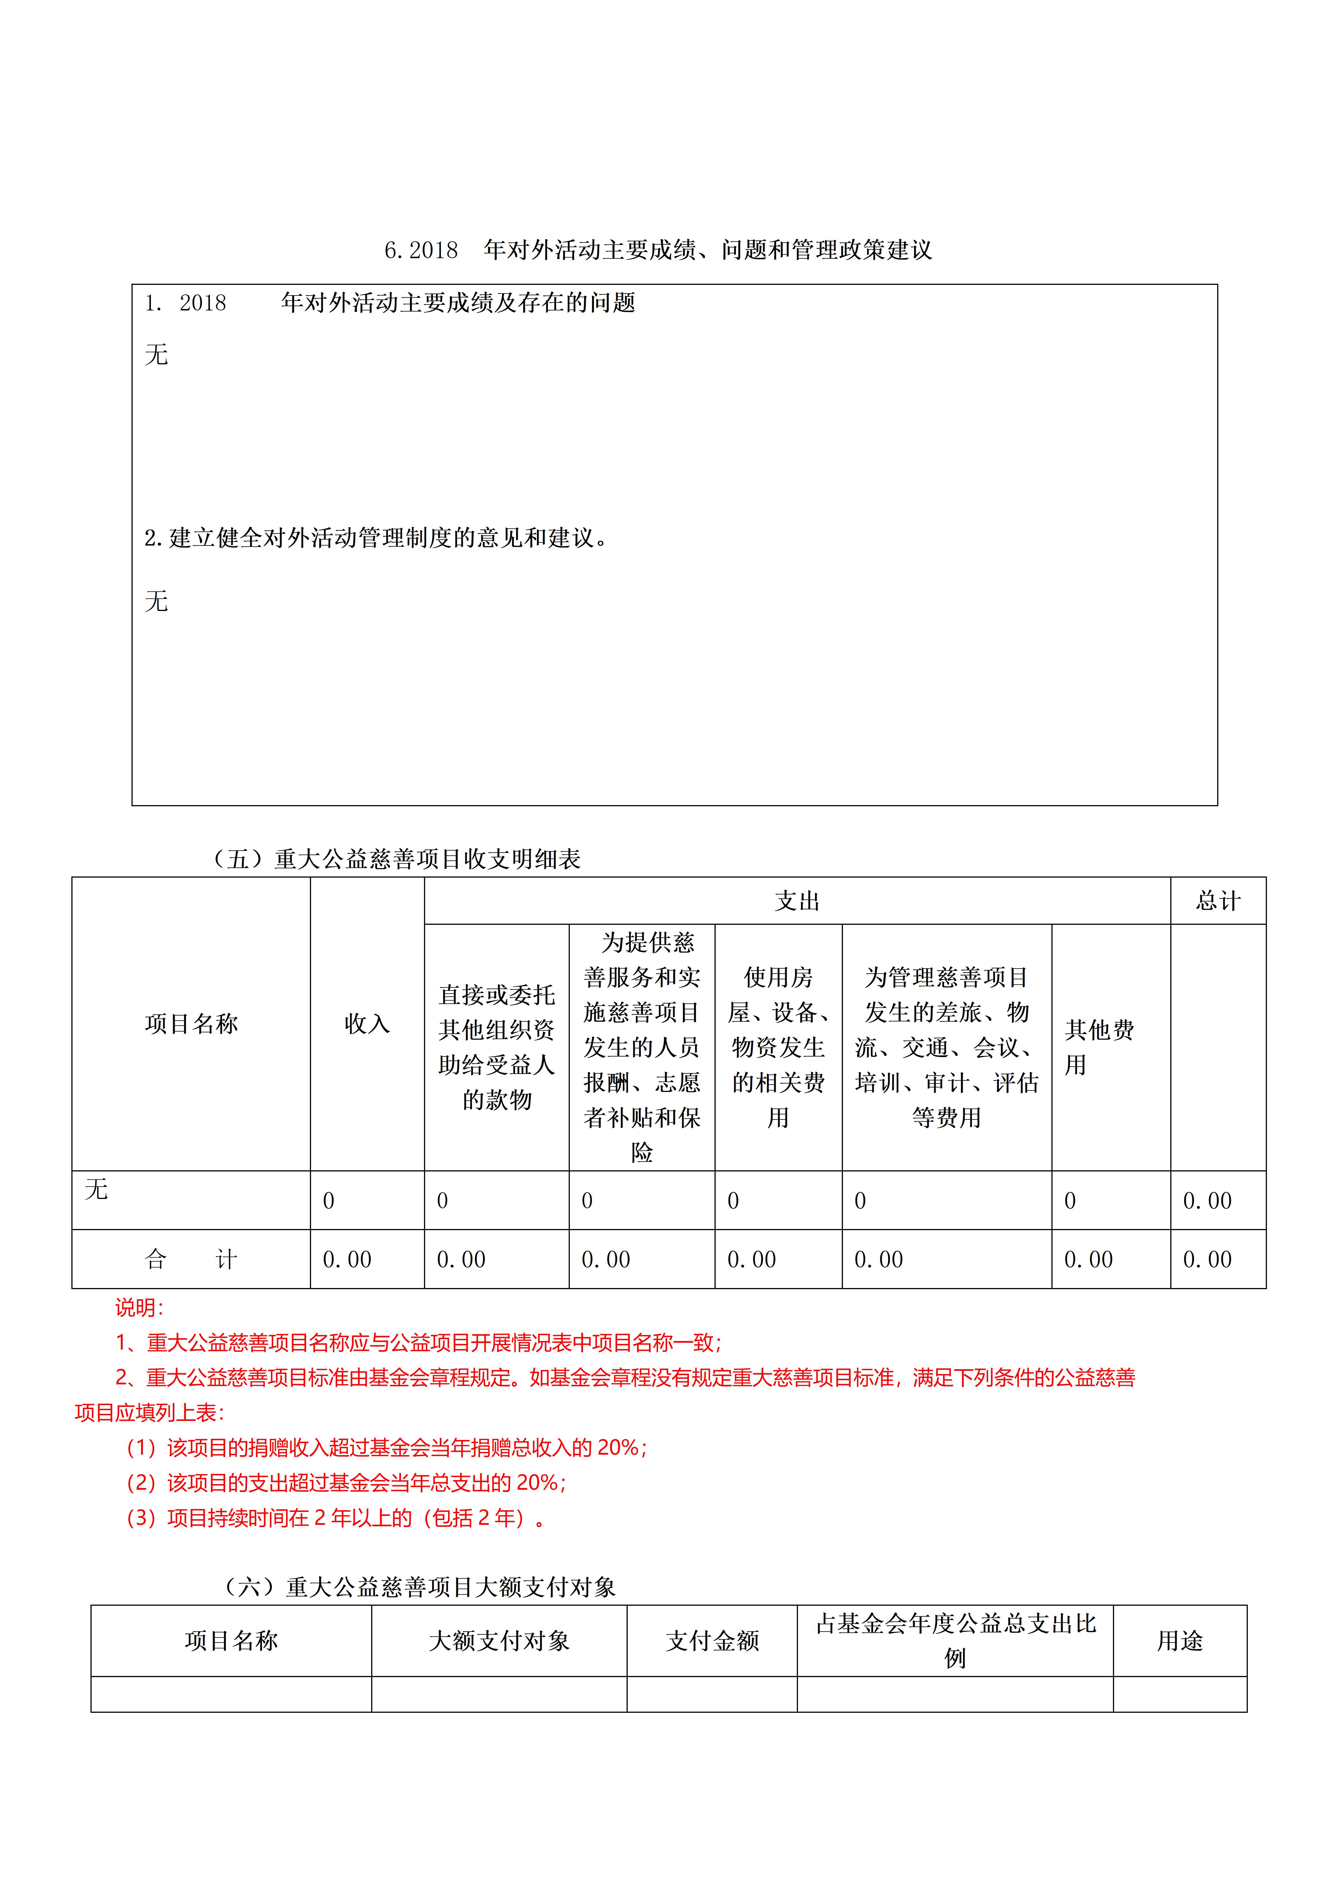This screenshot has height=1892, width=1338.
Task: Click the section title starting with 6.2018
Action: pyautogui.click(x=658, y=250)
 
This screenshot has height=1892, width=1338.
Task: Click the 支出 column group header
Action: pyautogui.click(x=796, y=901)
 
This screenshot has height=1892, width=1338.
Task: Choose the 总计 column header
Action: pyautogui.click(x=1218, y=901)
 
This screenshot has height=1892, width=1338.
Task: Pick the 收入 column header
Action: pyautogui.click(x=367, y=1023)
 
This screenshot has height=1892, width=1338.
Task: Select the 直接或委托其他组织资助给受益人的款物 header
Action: pyautogui.click(x=496, y=1046)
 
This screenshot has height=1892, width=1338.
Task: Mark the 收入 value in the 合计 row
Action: pyautogui.click(x=347, y=1259)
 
